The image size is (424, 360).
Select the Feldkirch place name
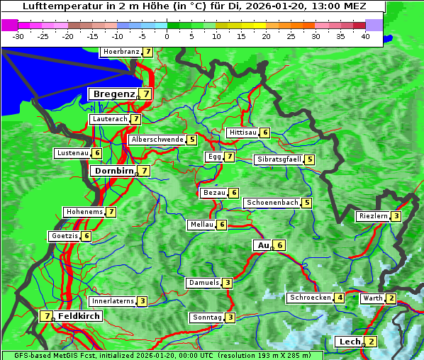pos(79,316)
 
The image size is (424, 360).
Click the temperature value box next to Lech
pos(372,342)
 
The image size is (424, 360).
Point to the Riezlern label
pos(373,216)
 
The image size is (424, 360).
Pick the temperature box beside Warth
pos(391,298)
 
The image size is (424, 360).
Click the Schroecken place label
pos(310,298)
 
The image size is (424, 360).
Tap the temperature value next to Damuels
pos(227,283)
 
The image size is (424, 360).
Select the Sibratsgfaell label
pos(279,159)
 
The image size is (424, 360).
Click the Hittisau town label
pos(242,133)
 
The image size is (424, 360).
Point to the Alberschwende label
pos(157,140)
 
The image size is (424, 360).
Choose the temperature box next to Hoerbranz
pos(147,52)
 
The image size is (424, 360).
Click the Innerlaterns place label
pos(113,301)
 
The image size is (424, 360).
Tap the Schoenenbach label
pos(272,203)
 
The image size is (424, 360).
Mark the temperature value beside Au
pos(280,245)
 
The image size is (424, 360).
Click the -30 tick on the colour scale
pos(18,35)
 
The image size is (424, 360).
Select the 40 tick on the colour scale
pos(365,35)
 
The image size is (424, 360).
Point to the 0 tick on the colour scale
pos(167,35)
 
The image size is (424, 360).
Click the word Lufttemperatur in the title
pos(57,7)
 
